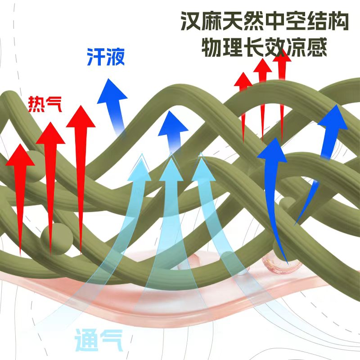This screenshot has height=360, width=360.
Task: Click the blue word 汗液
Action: (106, 57)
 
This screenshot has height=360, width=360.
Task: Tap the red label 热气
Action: (45, 104)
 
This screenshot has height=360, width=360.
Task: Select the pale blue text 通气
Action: (98, 340)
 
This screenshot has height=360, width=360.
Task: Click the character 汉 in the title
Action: (191, 21)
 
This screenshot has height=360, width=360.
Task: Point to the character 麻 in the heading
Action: (212, 21)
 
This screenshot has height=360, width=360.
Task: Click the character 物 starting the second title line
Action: (212, 47)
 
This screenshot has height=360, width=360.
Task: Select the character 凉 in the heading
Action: (297, 47)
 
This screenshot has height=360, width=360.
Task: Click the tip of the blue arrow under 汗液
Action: (108, 78)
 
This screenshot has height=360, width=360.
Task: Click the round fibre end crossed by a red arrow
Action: (57, 239)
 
